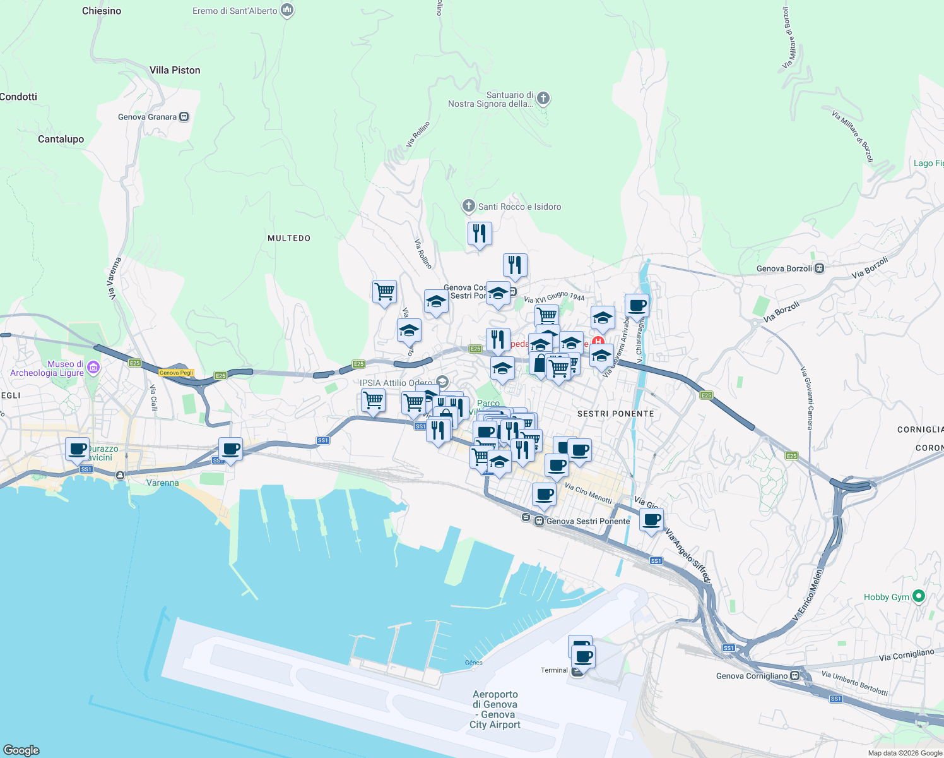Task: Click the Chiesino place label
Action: click(x=102, y=11)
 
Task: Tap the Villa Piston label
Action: click(x=175, y=70)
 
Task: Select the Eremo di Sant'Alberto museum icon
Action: click(x=287, y=10)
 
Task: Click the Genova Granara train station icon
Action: click(x=184, y=117)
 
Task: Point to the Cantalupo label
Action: click(x=61, y=139)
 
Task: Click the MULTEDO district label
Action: click(x=289, y=238)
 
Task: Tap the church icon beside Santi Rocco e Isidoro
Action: click(x=468, y=206)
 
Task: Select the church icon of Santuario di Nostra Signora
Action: click(x=543, y=98)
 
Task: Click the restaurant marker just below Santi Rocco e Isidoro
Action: click(x=480, y=234)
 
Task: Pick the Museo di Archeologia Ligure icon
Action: click(x=93, y=367)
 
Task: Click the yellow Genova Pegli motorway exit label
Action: click(x=176, y=373)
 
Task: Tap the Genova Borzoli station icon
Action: click(x=819, y=268)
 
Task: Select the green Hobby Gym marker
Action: click(x=919, y=596)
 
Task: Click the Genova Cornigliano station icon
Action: click(x=795, y=676)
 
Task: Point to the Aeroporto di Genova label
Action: click(x=495, y=709)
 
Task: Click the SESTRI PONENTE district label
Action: click(x=615, y=414)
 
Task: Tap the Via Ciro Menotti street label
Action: click(x=588, y=493)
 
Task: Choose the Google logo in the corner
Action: click(x=21, y=750)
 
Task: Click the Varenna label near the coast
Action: click(x=162, y=483)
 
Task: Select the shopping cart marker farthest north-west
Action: click(x=384, y=292)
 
